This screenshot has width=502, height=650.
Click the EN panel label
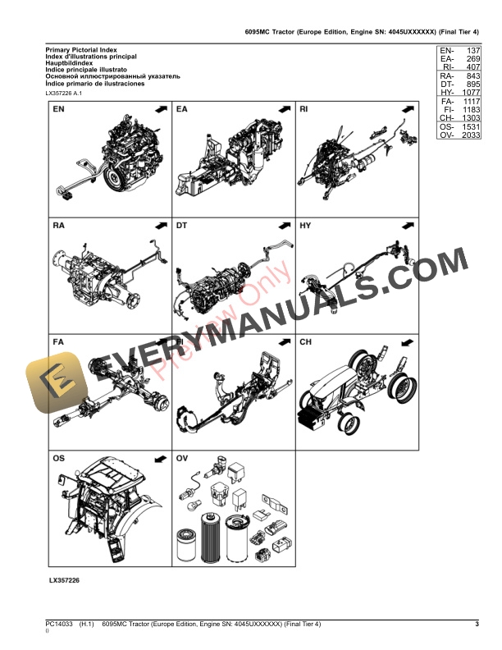coord(59,109)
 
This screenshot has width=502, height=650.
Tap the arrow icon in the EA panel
coord(283,109)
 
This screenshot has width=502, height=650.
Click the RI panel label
coord(304,109)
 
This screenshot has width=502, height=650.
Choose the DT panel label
coord(183,225)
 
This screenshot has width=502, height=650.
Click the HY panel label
coord(305,225)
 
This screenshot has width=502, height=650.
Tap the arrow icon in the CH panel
coord(406,341)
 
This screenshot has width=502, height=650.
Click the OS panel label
coord(60,458)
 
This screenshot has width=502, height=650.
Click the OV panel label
coord(183,458)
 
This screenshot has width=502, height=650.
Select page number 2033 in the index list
coord(468,136)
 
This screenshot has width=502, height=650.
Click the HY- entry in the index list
coord(447,94)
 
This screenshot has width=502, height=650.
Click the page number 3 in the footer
coord(477,625)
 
